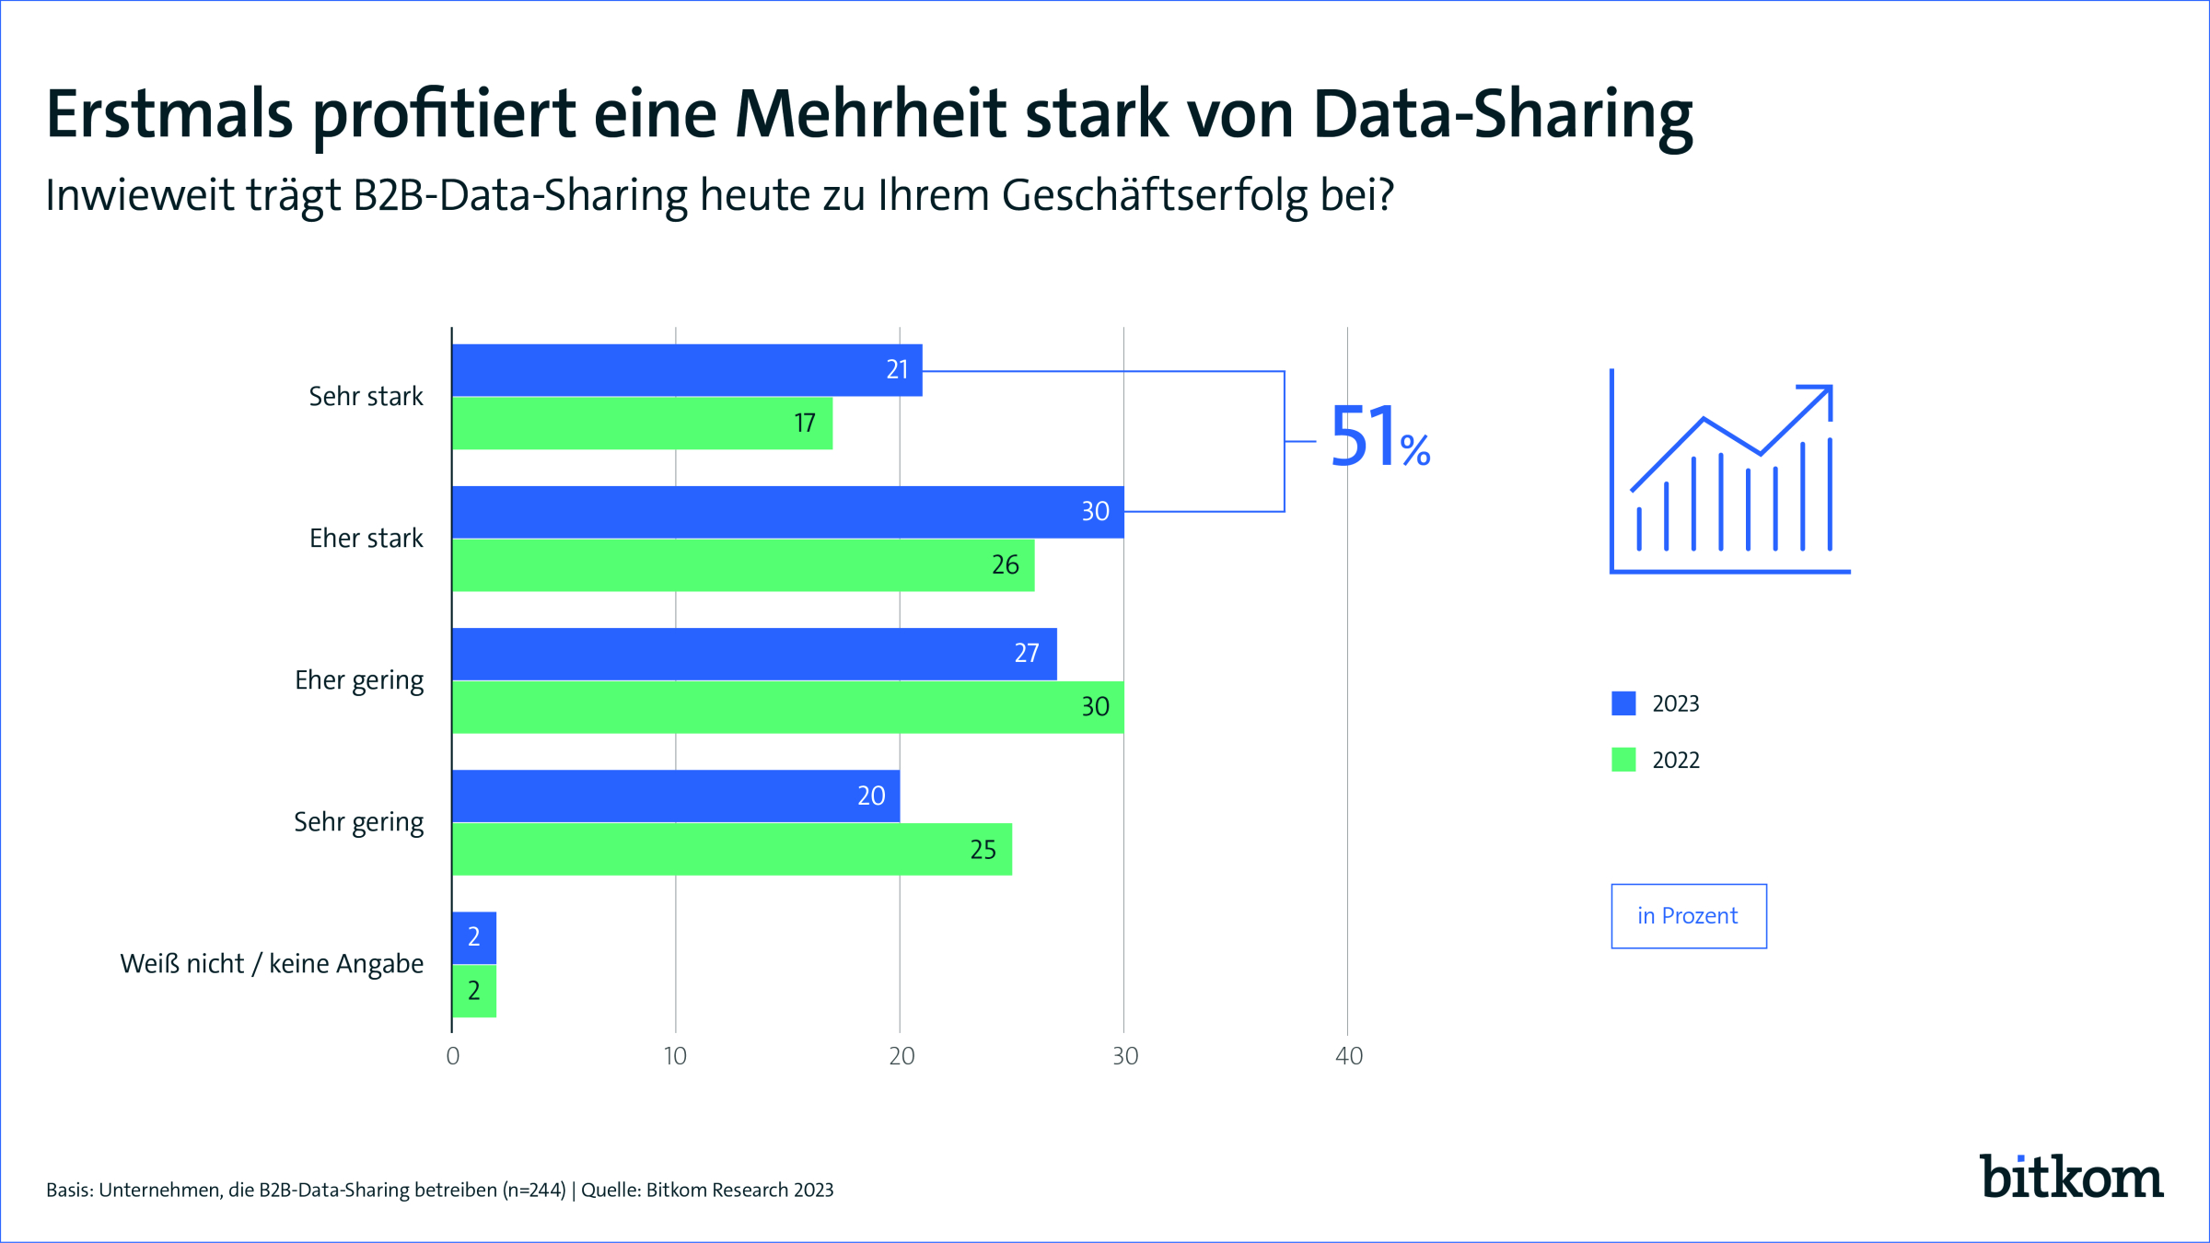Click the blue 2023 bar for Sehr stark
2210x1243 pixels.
click(686, 370)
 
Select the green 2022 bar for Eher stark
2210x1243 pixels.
click(742, 565)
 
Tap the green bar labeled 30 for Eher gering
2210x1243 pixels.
click(787, 707)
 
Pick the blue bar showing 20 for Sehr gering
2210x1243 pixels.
click(675, 796)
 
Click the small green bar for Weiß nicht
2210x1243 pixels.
click(474, 992)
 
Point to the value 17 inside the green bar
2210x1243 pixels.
click(805, 424)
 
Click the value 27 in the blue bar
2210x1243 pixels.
click(1027, 654)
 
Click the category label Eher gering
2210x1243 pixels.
click(359, 680)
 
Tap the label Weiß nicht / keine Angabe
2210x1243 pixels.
click(272, 964)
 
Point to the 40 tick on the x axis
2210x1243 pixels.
click(1348, 1056)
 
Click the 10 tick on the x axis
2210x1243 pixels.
click(675, 1056)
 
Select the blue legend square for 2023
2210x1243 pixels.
click(1623, 703)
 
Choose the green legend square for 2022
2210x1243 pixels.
click(1623, 760)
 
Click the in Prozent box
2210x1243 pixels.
click(1688, 916)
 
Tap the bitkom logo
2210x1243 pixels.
click(2071, 1178)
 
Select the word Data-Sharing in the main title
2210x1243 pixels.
click(1502, 116)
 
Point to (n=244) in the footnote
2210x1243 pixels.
click(534, 1191)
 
